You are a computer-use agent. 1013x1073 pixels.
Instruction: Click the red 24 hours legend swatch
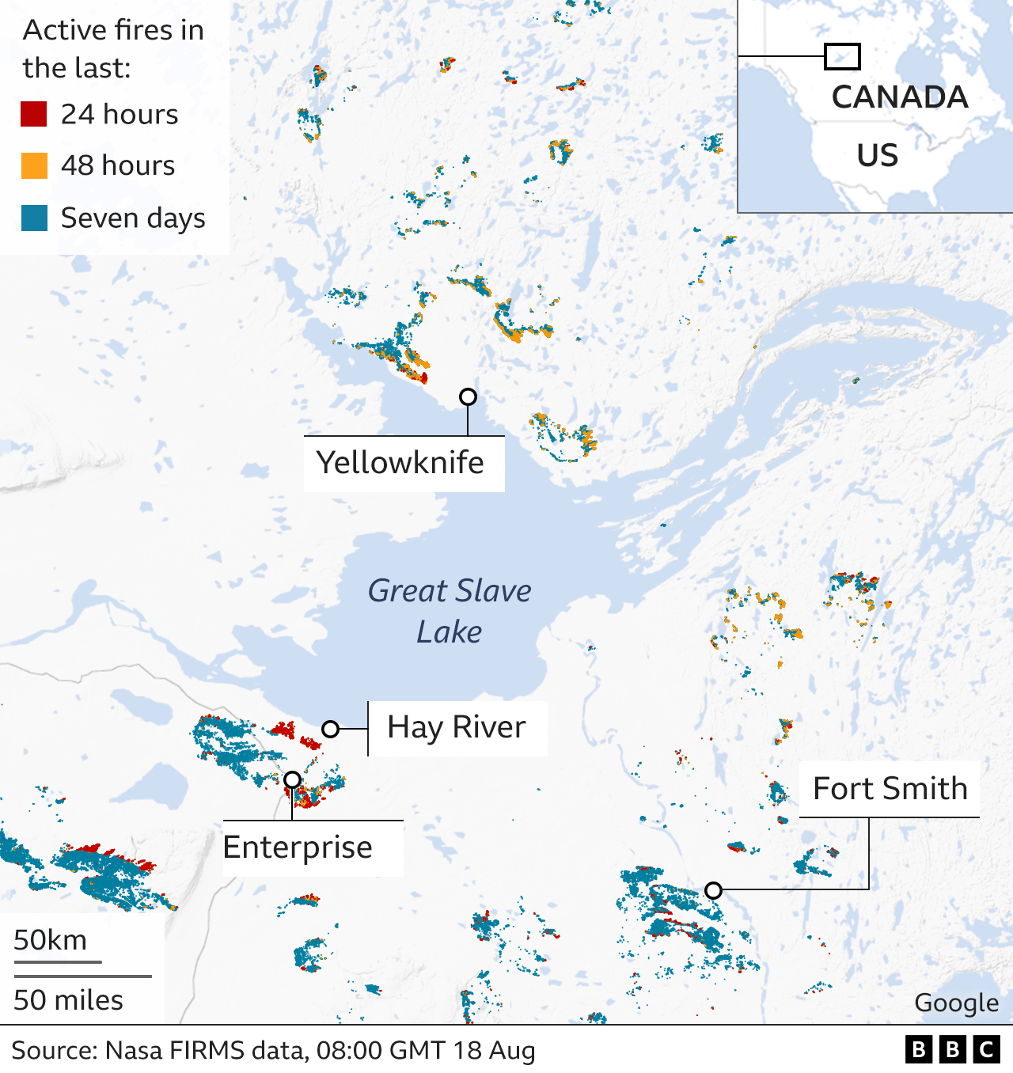(x=34, y=114)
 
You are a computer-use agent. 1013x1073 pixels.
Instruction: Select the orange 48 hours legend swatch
(x=34, y=165)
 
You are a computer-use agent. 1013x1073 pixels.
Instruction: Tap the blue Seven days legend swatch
(x=34, y=218)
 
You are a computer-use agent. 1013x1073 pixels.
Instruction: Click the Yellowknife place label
(x=400, y=463)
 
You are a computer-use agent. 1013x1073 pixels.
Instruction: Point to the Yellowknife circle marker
(x=468, y=396)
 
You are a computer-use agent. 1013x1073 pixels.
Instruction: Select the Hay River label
(x=457, y=727)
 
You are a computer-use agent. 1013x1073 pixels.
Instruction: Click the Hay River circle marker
(x=330, y=729)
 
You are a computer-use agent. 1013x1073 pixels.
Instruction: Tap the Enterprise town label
(x=298, y=847)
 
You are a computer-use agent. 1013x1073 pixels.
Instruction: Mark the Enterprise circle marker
(x=292, y=779)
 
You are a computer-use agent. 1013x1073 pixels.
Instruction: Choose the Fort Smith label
(x=890, y=789)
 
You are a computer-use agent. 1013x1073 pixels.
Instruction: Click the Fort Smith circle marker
(x=713, y=890)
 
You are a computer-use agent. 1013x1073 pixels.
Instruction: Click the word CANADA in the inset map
(x=900, y=97)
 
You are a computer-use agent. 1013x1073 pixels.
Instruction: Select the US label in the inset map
(x=877, y=155)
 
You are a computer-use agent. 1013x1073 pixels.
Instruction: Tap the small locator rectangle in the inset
(x=842, y=56)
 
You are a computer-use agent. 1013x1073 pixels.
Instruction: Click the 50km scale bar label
(x=51, y=940)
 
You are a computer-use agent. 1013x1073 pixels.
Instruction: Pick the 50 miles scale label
(x=69, y=1000)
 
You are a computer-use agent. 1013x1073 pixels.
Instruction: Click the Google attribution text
(x=956, y=1003)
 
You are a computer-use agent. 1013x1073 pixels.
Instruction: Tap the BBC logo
(x=952, y=1050)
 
